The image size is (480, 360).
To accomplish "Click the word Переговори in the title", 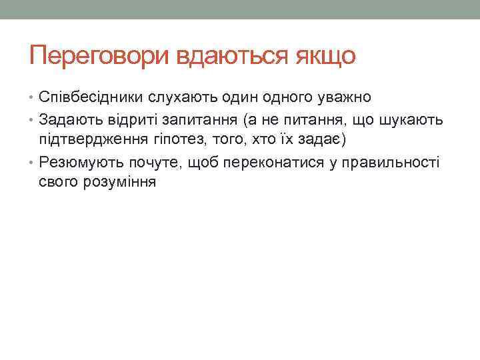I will (x=99, y=55).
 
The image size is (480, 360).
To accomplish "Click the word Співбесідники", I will (x=90, y=99).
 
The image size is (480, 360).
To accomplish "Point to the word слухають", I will (x=181, y=99).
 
